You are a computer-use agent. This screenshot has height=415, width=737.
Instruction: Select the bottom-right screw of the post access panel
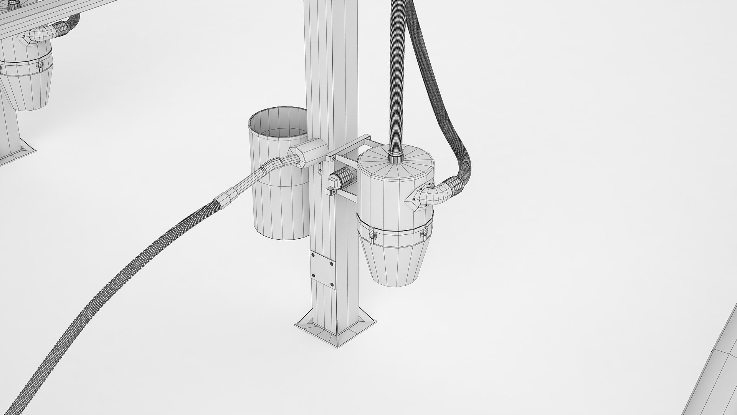point(332,284)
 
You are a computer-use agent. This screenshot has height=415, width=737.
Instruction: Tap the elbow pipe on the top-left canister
point(38,35)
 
